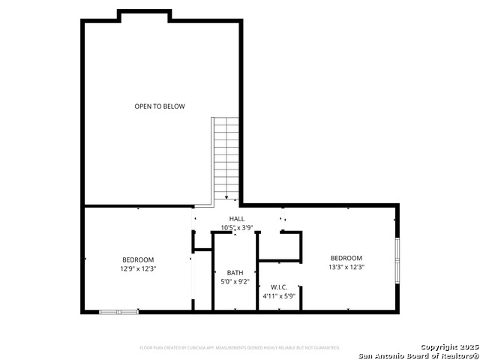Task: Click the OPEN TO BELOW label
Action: pyautogui.click(x=160, y=106)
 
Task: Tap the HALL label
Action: pyautogui.click(x=236, y=218)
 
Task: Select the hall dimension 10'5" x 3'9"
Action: pyautogui.click(x=236, y=227)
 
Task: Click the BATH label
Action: pyautogui.click(x=235, y=273)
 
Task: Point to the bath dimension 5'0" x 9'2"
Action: pyautogui.click(x=235, y=282)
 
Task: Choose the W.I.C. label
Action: pyautogui.click(x=279, y=287)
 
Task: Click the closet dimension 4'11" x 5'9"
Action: pyautogui.click(x=279, y=296)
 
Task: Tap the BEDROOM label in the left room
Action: pyautogui.click(x=138, y=259)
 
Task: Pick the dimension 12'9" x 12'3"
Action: pyautogui.click(x=138, y=268)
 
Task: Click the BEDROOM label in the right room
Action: pyautogui.click(x=346, y=257)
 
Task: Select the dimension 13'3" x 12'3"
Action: pyautogui.click(x=346, y=266)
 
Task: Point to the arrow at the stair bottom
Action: pyautogui.click(x=226, y=197)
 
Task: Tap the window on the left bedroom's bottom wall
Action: pyautogui.click(x=118, y=311)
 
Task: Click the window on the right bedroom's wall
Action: pyautogui.click(x=397, y=259)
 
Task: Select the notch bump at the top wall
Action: pyautogui.click(x=139, y=15)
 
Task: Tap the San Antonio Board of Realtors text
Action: pyautogui.click(x=418, y=355)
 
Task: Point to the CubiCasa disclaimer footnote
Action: pyautogui.click(x=239, y=348)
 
